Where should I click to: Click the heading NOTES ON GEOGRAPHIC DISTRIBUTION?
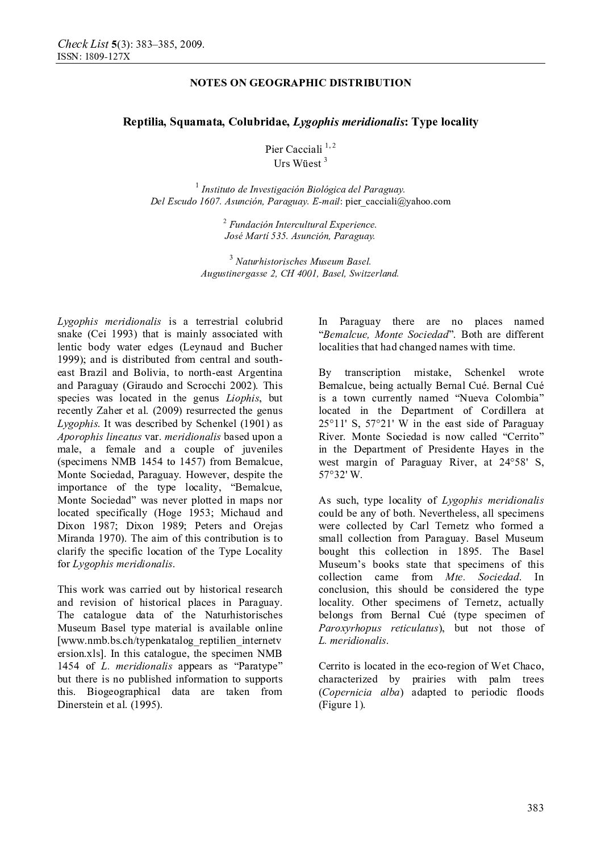point(300,83)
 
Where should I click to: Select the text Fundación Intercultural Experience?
point(303,224)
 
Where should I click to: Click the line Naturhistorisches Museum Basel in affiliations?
point(303,262)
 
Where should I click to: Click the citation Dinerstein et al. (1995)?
point(110,705)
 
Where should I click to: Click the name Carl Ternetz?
point(437,526)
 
